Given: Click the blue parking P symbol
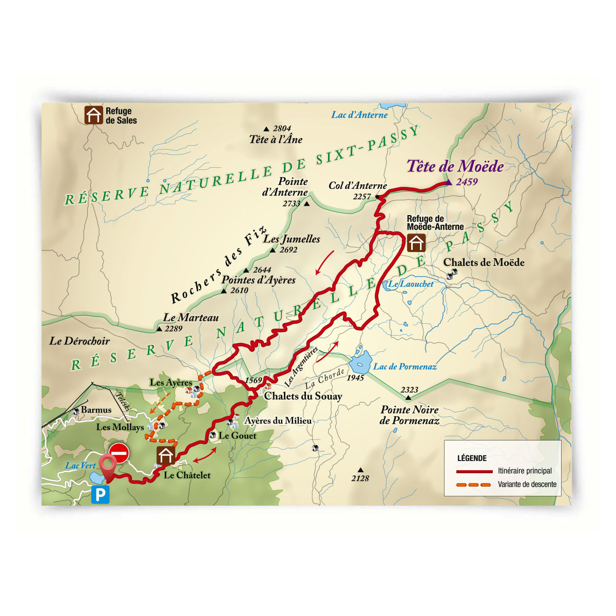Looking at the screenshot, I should tap(101, 495).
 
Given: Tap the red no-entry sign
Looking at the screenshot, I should tap(119, 454).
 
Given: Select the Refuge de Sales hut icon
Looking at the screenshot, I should tap(93, 115).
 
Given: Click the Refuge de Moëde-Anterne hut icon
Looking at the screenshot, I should tap(416, 243).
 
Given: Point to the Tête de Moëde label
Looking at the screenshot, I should tap(455, 166).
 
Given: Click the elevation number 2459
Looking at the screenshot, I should tap(467, 182).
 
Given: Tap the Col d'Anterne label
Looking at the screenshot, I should tap(358, 186).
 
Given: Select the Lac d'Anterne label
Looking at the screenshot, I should tap(359, 115).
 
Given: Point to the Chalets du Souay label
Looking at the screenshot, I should tap(303, 396).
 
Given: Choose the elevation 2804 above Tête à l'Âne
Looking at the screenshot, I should tap(282, 128).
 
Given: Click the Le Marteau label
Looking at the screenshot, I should tap(191, 318).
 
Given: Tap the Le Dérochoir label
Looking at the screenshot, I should tap(80, 341).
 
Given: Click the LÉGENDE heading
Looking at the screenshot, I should tap(472, 458).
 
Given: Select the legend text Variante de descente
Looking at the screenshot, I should tap(527, 484).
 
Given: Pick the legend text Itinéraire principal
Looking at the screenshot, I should tap(525, 471).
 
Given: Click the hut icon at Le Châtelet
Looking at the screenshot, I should tap(166, 455).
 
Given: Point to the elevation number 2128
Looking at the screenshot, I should tap(360, 478).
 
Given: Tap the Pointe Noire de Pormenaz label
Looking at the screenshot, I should tap(410, 415).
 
